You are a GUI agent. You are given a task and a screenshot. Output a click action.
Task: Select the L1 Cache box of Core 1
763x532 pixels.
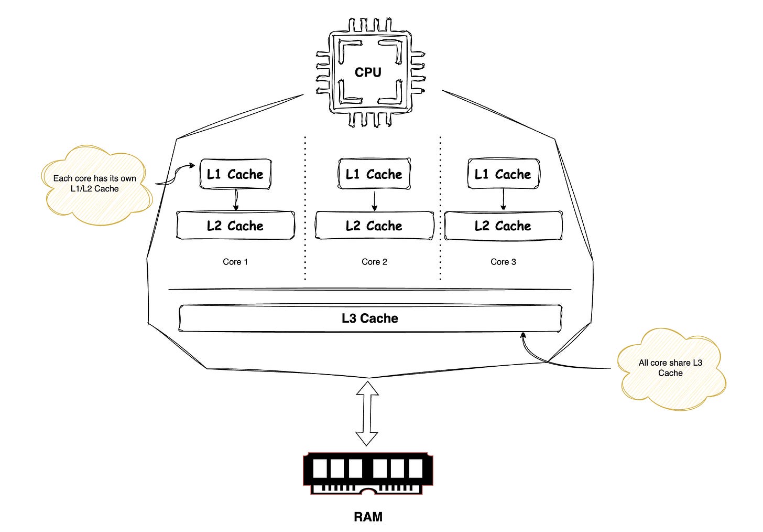tap(235, 174)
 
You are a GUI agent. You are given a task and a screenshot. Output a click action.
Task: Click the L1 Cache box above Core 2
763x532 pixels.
tap(374, 174)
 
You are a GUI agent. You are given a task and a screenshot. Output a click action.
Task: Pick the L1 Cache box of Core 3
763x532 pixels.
tap(503, 174)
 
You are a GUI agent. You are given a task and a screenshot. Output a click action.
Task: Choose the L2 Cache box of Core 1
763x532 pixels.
tap(235, 226)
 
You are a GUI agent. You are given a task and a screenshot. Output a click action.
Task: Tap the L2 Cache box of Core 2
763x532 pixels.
tap(374, 226)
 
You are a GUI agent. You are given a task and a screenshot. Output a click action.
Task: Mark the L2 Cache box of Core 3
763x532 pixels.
tap(503, 226)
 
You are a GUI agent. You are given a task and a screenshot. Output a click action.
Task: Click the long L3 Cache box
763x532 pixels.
tap(370, 318)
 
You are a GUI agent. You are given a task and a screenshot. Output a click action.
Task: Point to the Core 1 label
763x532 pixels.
tap(235, 262)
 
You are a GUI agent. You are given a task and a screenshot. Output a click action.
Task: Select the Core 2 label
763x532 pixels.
tap(374, 262)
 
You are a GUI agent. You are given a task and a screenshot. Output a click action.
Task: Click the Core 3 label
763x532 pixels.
tap(503, 262)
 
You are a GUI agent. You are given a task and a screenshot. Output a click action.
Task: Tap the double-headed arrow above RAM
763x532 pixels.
tap(367, 413)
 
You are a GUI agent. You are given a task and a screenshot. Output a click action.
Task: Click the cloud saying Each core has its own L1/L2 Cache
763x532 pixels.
tap(95, 184)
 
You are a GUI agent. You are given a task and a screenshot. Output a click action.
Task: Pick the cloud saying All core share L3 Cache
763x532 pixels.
tap(671, 368)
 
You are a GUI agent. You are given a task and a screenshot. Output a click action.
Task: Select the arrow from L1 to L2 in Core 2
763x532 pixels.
tap(374, 200)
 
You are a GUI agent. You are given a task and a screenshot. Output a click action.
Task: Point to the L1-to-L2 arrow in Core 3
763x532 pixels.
tap(503, 199)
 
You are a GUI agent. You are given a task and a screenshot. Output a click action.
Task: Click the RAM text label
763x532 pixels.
tap(368, 517)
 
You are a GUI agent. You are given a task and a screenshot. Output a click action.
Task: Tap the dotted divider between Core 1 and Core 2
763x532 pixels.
tap(305, 210)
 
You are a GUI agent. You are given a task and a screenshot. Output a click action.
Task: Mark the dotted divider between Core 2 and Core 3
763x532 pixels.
tap(440, 210)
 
